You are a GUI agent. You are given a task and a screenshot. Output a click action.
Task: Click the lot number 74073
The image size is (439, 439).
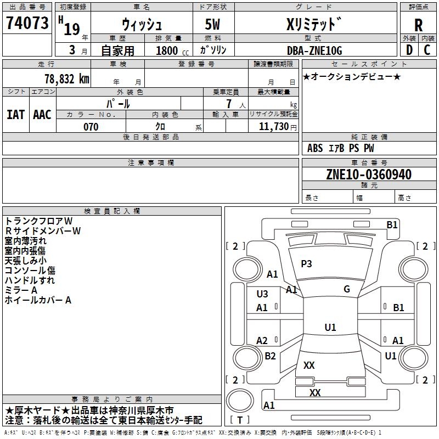coord(27,22)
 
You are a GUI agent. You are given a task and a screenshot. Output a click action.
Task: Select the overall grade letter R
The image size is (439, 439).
coord(418,25)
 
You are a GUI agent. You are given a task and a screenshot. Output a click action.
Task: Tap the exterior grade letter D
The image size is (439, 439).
coord(409,50)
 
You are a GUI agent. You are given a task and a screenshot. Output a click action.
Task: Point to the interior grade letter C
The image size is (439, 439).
coord(427,50)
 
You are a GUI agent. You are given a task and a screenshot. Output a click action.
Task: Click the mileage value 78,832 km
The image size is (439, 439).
coord(67,79)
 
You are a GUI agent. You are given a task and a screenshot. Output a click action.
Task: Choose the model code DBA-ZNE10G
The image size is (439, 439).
coord(314,50)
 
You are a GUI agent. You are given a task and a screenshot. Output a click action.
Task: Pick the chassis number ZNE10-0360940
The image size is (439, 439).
coord(369,175)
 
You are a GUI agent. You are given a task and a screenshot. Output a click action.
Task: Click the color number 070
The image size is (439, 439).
coord(91,127)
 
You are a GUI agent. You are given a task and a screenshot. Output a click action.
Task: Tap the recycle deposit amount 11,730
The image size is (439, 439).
coord(273,127)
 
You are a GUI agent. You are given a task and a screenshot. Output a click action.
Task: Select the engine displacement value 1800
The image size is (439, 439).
coord(167,50)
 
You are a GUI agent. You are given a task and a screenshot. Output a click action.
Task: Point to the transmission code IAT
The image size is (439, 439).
coord(15,115)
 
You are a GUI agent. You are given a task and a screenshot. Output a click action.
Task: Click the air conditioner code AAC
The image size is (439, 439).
coord(42,115)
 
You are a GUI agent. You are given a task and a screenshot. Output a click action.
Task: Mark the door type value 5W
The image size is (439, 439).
coord(212,24)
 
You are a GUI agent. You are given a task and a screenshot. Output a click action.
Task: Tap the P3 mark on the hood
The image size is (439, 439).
coord(306,264)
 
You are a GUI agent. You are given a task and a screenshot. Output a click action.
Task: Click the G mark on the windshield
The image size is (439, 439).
coord(347,289)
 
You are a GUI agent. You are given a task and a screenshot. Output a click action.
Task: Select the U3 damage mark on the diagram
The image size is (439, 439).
coord(262,294)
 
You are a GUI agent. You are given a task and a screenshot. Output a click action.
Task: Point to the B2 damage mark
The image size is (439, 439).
coord(270,356)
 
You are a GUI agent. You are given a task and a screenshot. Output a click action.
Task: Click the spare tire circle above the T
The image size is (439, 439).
coord(240,401)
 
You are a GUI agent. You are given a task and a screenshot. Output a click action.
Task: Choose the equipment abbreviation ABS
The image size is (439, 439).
coord(315,148)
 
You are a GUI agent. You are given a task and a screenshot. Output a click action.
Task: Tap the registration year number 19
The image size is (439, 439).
coord(72,29)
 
